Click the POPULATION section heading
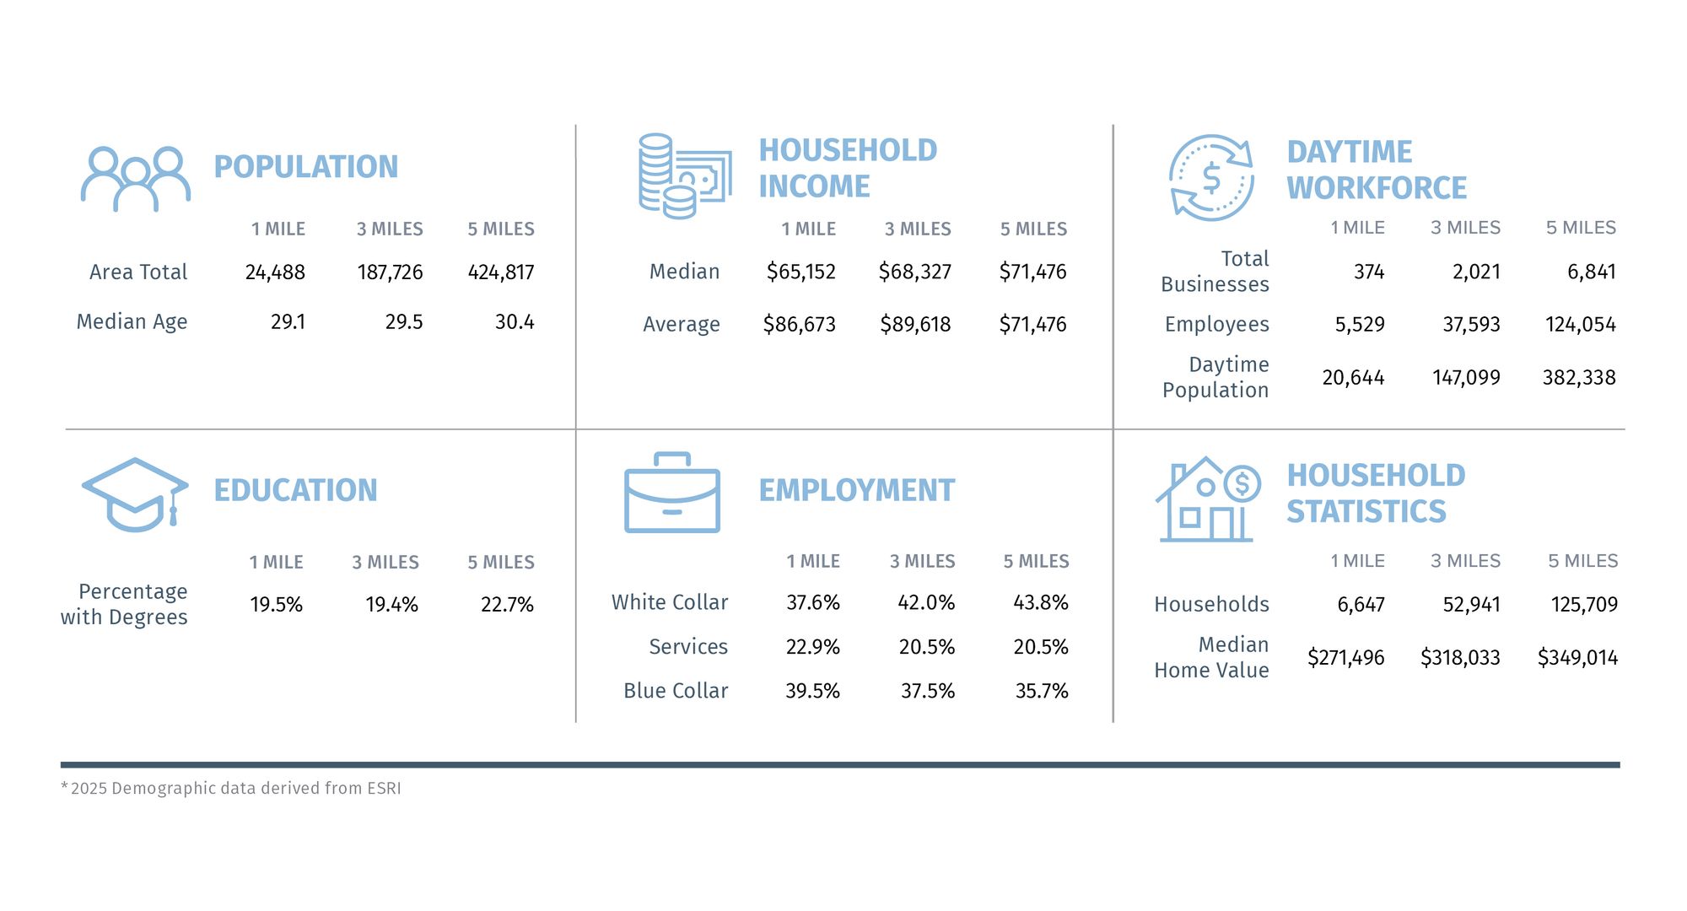tap(305, 167)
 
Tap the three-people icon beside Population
tap(135, 179)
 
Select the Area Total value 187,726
tap(390, 272)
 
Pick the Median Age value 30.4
tap(514, 322)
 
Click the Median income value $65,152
tap(800, 272)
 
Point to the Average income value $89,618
tap(915, 325)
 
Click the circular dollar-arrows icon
tap(1210, 178)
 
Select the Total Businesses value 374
tap(1368, 272)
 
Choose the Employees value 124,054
tap(1580, 325)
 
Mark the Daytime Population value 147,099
tap(1466, 378)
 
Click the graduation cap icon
tap(135, 494)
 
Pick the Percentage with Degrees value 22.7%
tap(507, 605)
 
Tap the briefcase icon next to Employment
tap(671, 493)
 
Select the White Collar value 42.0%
tap(926, 603)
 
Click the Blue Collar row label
tap(675, 691)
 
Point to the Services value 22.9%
tap(812, 647)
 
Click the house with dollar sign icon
tap(1207, 499)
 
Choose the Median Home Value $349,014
tap(1577, 658)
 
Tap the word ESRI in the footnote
tap(384, 789)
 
